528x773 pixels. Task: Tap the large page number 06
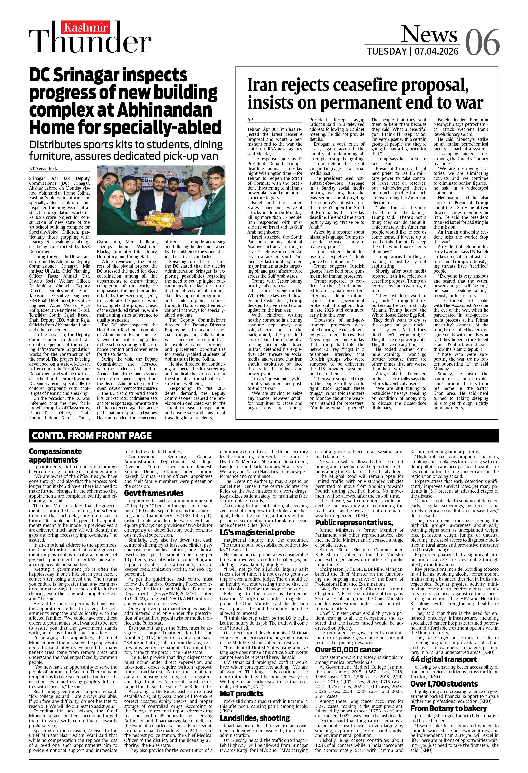click(x=482, y=42)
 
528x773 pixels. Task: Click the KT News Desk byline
click(x=43, y=169)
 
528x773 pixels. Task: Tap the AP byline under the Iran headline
click(x=250, y=120)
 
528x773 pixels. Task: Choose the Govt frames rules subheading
click(x=154, y=493)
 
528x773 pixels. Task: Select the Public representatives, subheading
click(x=354, y=523)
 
